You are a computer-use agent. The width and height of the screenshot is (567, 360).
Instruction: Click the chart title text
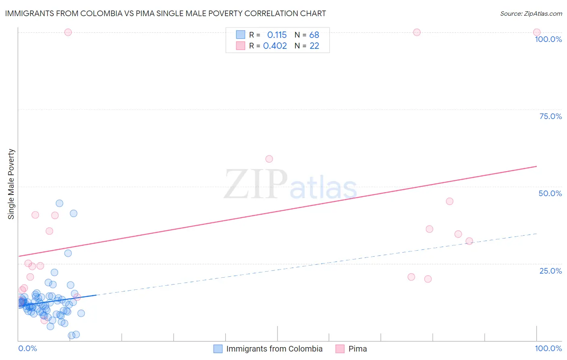click(x=165, y=13)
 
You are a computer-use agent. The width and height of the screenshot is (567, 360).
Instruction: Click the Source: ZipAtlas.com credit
click(x=531, y=13)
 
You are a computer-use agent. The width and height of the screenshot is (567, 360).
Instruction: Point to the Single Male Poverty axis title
click(x=11, y=184)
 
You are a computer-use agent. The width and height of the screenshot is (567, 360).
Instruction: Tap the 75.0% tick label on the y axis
click(x=550, y=116)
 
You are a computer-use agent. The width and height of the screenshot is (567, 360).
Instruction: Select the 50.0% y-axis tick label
click(x=550, y=193)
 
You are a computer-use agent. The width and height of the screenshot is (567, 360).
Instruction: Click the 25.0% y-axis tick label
click(x=550, y=271)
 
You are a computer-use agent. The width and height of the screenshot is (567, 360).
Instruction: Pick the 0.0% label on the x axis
click(x=27, y=348)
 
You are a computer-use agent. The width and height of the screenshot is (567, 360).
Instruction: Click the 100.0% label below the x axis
click(x=548, y=348)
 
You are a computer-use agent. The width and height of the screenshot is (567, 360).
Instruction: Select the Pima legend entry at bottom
click(x=357, y=349)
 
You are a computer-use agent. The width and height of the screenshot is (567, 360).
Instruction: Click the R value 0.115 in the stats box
click(x=277, y=35)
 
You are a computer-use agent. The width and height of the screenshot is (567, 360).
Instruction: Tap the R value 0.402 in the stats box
click(x=275, y=46)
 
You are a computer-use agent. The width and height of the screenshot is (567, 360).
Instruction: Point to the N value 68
click(x=314, y=35)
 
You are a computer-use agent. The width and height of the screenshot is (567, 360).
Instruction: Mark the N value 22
click(x=314, y=46)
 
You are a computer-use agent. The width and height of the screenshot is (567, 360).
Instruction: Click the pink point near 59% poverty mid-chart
click(x=269, y=159)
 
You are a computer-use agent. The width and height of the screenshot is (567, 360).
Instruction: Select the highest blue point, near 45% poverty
click(x=59, y=203)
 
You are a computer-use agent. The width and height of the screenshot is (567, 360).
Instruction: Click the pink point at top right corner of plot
click(x=537, y=32)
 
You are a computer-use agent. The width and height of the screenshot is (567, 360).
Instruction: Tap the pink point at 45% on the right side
click(x=450, y=201)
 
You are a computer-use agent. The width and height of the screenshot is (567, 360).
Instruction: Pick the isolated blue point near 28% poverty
click(x=68, y=253)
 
